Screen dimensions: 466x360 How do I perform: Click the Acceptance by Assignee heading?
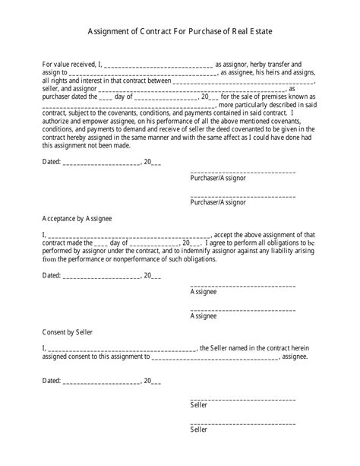pyautogui.click(x=77, y=218)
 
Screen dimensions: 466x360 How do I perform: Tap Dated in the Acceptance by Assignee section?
pyautogui.click(x=51, y=275)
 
